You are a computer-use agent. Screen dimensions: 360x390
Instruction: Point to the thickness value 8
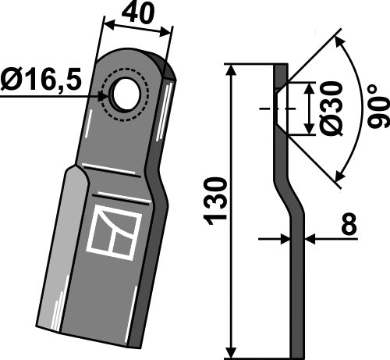[348, 224]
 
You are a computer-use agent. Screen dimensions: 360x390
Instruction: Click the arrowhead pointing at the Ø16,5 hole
[105, 95]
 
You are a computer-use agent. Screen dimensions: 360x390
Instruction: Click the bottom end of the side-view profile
[296, 350]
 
